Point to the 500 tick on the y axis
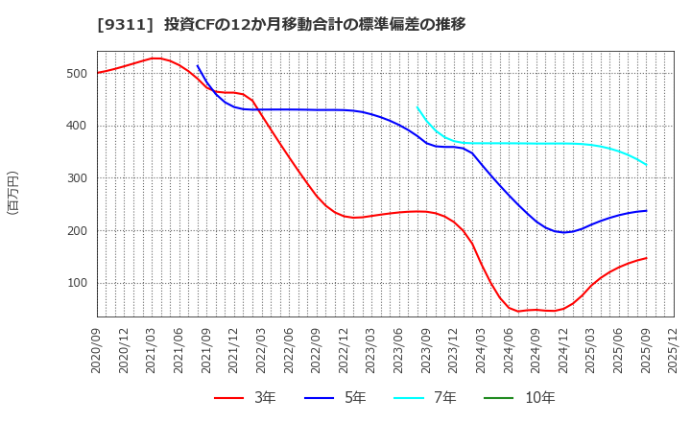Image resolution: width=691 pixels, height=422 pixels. [x=76, y=74]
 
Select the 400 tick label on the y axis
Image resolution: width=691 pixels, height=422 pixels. [x=76, y=126]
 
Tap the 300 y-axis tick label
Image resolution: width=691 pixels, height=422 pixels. [x=76, y=178]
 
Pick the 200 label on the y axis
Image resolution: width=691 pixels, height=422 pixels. [x=76, y=231]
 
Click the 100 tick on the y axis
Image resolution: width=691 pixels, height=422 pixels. [x=76, y=284]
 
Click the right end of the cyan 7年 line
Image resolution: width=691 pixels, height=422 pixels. [x=646, y=165]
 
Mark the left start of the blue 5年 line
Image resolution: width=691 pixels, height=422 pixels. [x=198, y=66]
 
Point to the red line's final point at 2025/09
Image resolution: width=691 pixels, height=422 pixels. [x=646, y=258]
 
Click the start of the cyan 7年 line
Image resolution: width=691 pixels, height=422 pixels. [x=417, y=107]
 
